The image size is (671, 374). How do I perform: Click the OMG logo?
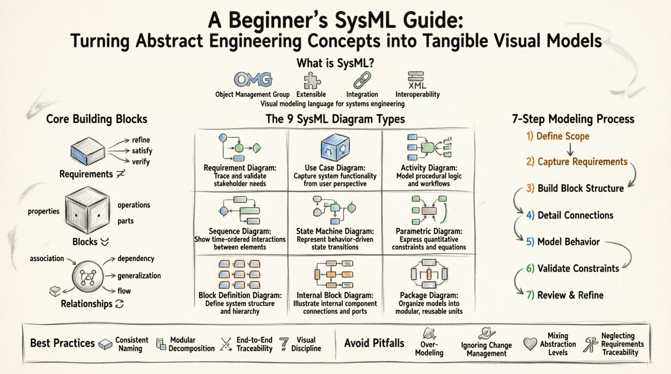tap(253, 80)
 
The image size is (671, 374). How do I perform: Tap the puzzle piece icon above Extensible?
tap(312, 80)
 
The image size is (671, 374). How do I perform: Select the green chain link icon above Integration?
tap(362, 80)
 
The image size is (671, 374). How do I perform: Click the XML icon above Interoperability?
tap(417, 80)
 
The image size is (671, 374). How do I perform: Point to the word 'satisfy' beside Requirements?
tap(142, 151)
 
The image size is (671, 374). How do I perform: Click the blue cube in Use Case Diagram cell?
tap(335, 148)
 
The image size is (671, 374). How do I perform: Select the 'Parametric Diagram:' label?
tap(429, 231)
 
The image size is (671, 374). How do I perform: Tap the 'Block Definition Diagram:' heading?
tap(240, 295)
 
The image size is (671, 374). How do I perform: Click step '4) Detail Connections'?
tap(569, 215)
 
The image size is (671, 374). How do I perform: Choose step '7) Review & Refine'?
tap(565, 295)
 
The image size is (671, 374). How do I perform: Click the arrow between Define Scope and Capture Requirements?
tap(570, 150)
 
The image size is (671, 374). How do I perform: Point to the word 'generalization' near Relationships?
tap(139, 276)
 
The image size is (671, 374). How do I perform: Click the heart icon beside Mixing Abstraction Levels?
tap(530, 344)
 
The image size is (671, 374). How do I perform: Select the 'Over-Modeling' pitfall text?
tap(429, 349)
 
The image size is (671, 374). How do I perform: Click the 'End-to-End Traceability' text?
tap(254, 344)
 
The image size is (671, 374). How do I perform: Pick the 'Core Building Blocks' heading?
tap(96, 119)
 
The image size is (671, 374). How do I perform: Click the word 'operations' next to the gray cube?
tap(133, 205)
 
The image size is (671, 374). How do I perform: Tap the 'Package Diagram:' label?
tap(429, 295)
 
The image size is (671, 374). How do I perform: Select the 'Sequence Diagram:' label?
tap(240, 231)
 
